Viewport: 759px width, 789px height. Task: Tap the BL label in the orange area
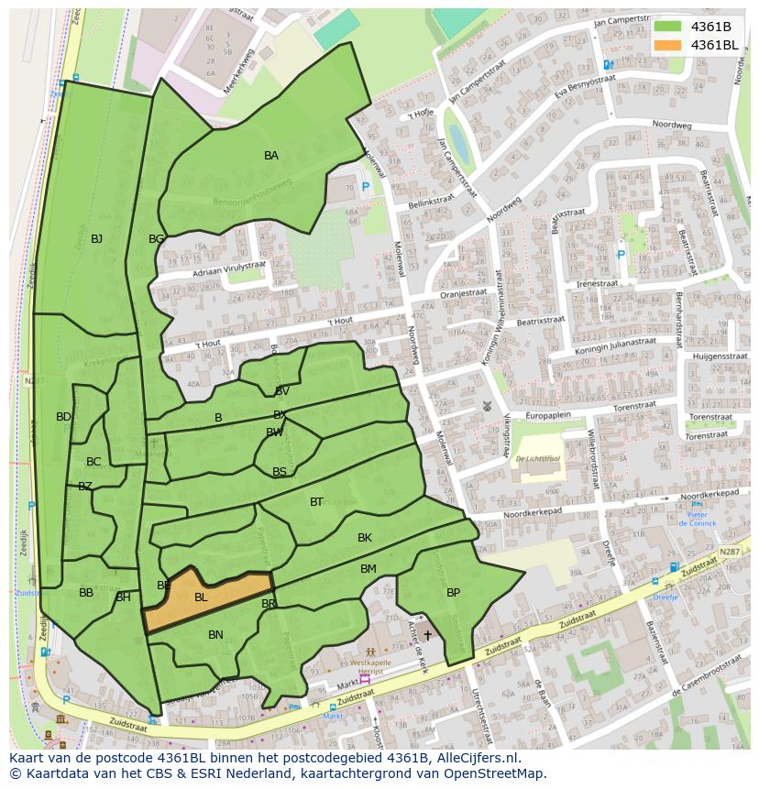[201, 597]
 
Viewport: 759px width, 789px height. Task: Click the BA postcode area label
[271, 156]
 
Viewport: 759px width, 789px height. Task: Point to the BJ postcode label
[96, 239]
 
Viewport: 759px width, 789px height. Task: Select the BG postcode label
[157, 239]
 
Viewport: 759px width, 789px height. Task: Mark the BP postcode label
[453, 593]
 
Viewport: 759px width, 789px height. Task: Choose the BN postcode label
[215, 634]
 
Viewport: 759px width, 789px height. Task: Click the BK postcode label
[365, 538]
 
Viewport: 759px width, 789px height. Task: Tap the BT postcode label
[316, 501]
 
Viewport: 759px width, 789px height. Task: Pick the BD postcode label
[63, 417]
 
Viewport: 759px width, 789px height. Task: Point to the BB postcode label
[86, 593]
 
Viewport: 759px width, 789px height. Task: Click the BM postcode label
[368, 569]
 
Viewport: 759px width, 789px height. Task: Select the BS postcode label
[280, 472]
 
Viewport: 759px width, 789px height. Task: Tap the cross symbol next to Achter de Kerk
[427, 635]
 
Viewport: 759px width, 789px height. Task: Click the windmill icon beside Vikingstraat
[488, 406]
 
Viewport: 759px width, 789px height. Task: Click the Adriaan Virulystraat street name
[229, 268]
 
